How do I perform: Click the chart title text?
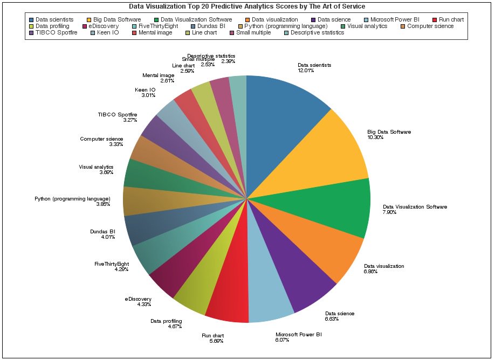[x=247, y=6]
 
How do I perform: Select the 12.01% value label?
[x=306, y=71]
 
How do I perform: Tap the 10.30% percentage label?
[x=375, y=137]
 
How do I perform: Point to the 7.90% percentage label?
[x=389, y=212]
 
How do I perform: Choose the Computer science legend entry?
[x=430, y=26]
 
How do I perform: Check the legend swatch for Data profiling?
[x=31, y=26]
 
